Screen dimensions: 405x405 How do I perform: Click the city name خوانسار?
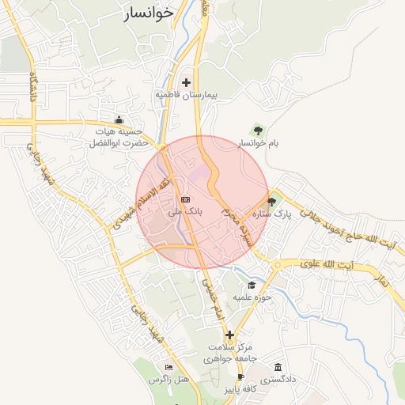tap(150, 14)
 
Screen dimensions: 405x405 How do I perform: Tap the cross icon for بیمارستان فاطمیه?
tap(187, 82)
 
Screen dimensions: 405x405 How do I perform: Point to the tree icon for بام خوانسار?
tap(257, 130)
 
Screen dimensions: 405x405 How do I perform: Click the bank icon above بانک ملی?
tap(185, 199)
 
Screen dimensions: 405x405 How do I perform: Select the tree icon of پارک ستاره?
tap(272, 202)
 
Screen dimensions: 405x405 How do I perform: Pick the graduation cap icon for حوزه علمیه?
tap(252, 285)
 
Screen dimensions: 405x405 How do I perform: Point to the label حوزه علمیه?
tap(252, 297)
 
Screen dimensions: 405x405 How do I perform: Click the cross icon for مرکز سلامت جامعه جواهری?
tap(229, 335)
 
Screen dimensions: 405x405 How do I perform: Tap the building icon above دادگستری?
tap(278, 367)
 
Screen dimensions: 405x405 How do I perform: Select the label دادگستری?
tap(280, 380)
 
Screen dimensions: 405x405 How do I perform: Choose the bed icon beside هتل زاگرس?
tap(168, 368)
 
